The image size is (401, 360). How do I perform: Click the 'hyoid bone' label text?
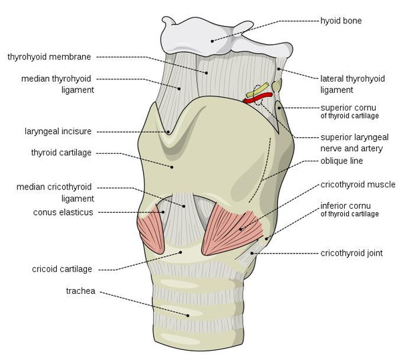(341, 21)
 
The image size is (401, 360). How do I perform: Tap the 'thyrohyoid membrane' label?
(49, 57)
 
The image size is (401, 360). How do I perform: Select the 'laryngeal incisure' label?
(58, 131)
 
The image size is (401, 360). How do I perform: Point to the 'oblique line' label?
(342, 161)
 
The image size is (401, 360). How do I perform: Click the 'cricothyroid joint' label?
(352, 253)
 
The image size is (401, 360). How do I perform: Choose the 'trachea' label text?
(81, 291)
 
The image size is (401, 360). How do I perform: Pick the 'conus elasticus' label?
(63, 212)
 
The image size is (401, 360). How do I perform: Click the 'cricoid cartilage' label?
(62, 269)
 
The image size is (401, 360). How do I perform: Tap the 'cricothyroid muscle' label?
(358, 185)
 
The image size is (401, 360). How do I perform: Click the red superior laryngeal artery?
(258, 98)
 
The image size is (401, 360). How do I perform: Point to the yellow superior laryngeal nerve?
(257, 90)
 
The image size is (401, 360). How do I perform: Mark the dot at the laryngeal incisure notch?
(168, 132)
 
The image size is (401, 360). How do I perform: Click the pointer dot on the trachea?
(188, 315)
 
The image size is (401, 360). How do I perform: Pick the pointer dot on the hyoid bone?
(212, 41)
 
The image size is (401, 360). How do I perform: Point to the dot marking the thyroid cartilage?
(172, 167)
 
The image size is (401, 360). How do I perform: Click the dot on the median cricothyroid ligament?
(184, 206)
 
